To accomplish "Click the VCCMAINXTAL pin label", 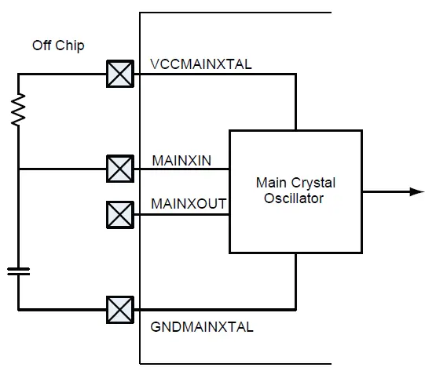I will pos(200,64).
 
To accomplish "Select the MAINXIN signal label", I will pos(181,161).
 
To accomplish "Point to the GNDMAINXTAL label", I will pos(201,327).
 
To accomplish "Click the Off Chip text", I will pos(58,45).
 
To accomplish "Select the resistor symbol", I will pos(17,110).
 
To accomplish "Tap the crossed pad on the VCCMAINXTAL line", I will pos(119,75).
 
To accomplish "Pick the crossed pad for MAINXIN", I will pos(119,169).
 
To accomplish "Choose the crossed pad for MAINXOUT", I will pos(119,213).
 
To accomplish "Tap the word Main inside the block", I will pos(270,183).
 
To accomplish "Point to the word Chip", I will pos(69,45).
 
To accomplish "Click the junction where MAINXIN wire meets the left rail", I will pos(17,169).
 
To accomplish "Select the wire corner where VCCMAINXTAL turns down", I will pos(295,75).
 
